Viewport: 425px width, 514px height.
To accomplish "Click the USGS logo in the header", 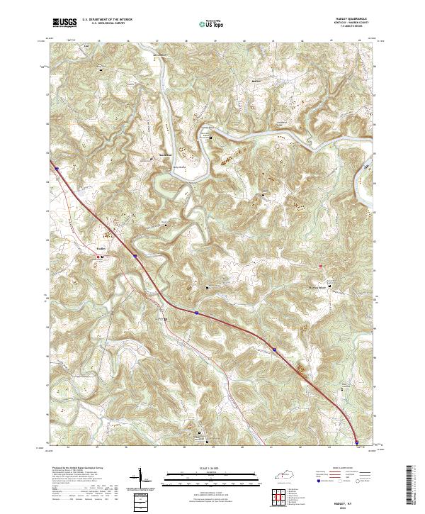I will [64, 22].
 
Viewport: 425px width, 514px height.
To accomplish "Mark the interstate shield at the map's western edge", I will [55, 169].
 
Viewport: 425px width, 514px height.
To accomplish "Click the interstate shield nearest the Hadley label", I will [135, 257].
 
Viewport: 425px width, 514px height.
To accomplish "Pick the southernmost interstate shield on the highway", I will [357, 441].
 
